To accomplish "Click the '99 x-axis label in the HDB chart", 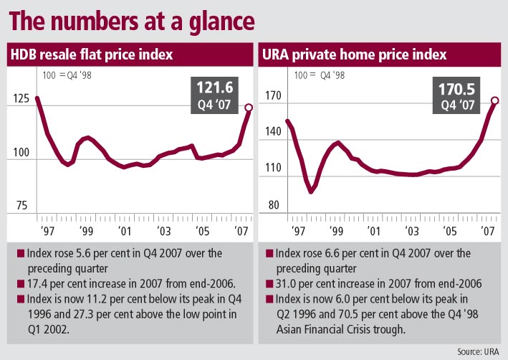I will coord(86,231).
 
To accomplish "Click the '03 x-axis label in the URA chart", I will coord(411,231).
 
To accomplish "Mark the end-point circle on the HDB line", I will coord(249,108).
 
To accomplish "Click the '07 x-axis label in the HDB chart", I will coord(241,231).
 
